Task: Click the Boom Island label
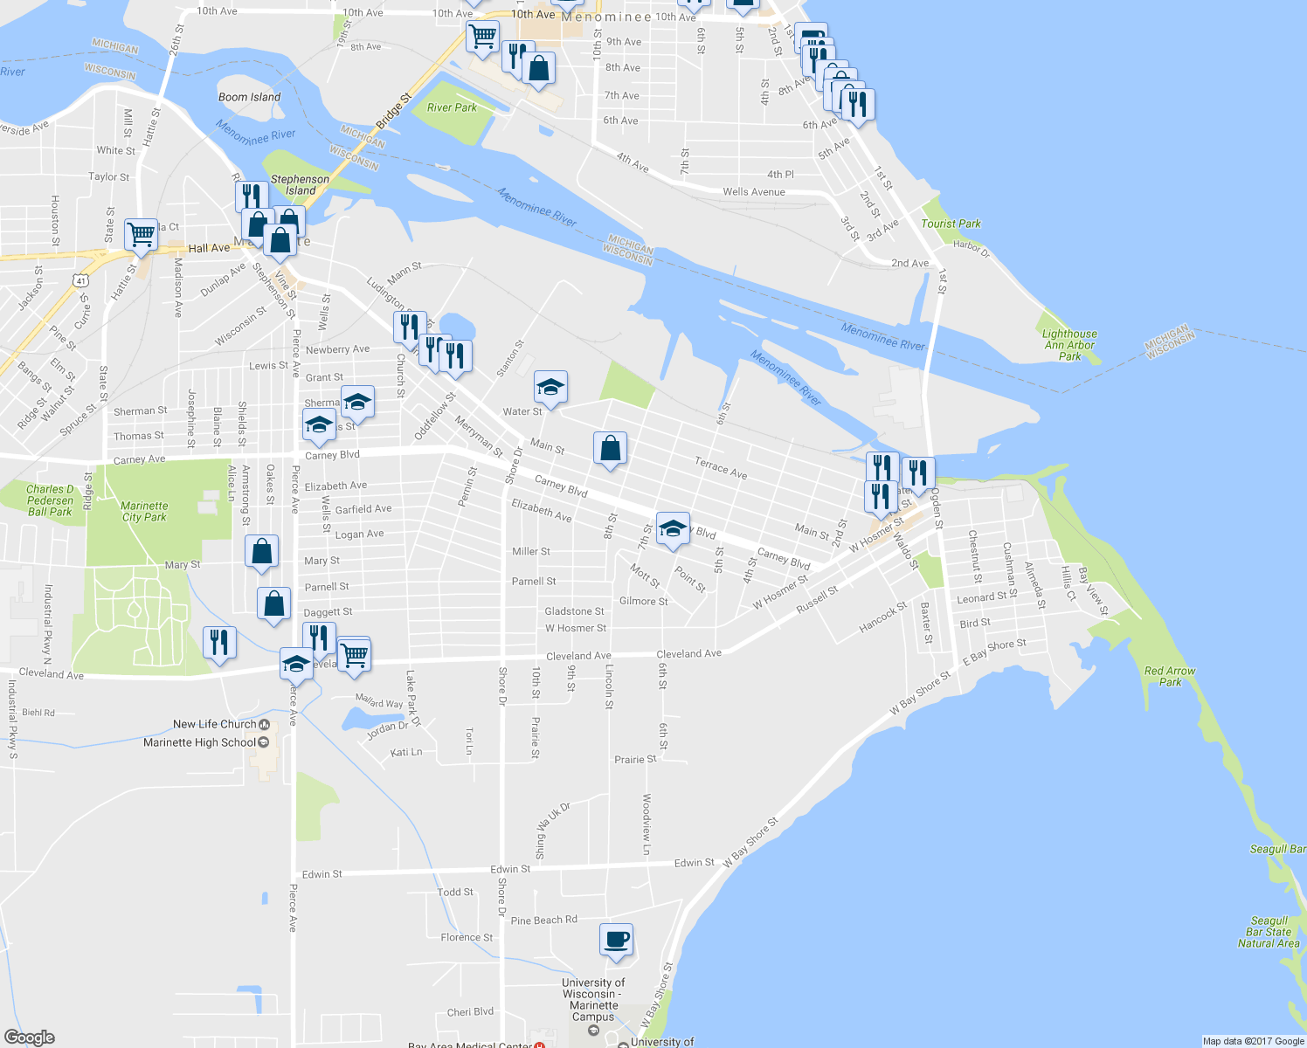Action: [249, 97]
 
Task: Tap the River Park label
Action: [452, 107]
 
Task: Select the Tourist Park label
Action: [951, 224]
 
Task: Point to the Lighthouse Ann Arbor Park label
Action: [1069, 345]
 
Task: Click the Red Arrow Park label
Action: [1170, 677]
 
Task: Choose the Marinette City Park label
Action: [144, 512]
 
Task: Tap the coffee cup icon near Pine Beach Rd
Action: [616, 940]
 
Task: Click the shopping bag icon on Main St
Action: [610, 449]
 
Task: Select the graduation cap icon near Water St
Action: [550, 386]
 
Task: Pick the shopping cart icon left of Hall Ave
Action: [141, 234]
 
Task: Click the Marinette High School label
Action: [200, 742]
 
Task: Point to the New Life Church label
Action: [215, 724]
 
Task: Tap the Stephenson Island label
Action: [300, 184]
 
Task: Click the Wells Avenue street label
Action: [753, 192]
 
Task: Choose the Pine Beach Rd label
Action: [543, 920]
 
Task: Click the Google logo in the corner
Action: [30, 1038]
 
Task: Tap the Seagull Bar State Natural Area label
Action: [1269, 932]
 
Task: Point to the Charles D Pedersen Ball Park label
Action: [50, 500]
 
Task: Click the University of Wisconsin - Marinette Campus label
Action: [593, 999]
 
